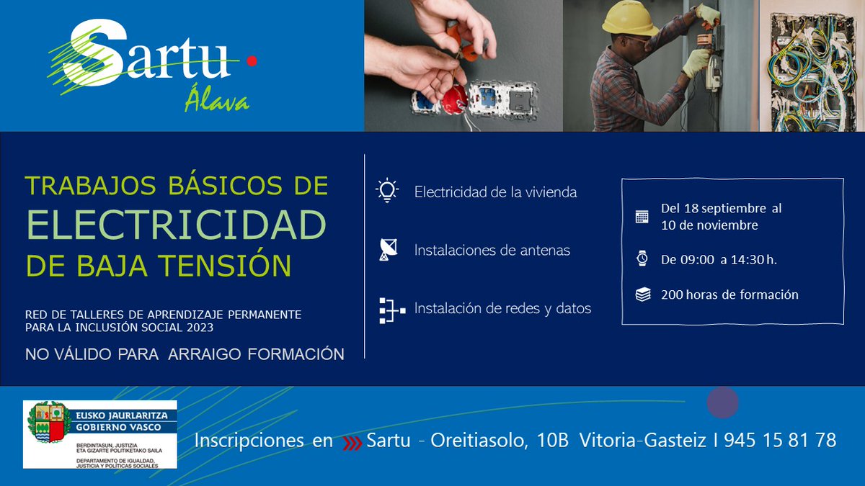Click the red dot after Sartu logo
251,63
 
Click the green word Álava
217,102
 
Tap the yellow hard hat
628,19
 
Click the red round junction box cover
454,99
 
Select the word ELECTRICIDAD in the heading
177,225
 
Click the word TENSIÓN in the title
238,265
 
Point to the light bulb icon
387,192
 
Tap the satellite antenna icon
388,250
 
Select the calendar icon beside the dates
642,216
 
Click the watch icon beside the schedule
642,259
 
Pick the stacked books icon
642,294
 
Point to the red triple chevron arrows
351,441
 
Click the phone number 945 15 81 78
780,440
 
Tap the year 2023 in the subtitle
200,328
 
